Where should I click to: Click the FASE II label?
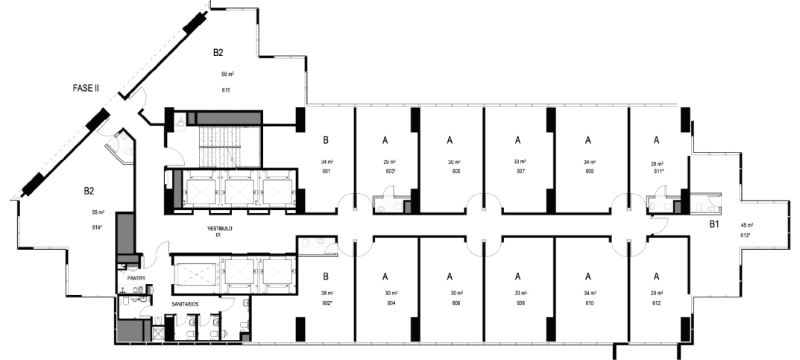point(86,89)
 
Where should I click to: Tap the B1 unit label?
point(714,224)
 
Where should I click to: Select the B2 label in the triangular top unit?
point(218,52)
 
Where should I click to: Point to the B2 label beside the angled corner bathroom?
point(89,191)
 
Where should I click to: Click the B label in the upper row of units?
point(326,139)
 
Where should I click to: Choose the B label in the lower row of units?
point(326,275)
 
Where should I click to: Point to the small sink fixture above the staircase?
point(180,120)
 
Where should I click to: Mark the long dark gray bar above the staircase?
point(224,119)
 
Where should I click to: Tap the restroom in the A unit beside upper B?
point(390,203)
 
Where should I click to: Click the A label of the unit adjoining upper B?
point(385,139)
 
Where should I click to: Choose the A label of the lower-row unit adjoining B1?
point(655,275)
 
